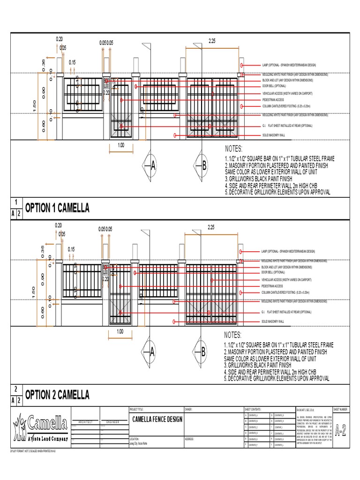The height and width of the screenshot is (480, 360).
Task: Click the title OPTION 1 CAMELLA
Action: [x=57, y=208]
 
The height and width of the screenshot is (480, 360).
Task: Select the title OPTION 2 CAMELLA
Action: [x=57, y=395]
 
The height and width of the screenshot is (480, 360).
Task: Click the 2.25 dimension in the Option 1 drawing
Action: [x=211, y=41]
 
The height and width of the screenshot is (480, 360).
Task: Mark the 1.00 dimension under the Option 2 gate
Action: [x=120, y=332]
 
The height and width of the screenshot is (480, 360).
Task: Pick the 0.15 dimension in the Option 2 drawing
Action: [x=72, y=248]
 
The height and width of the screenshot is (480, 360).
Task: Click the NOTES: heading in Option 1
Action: [x=233, y=149]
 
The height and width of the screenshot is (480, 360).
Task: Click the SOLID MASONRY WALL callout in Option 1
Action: [x=273, y=135]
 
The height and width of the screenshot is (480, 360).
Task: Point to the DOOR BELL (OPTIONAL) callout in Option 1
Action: [x=274, y=86]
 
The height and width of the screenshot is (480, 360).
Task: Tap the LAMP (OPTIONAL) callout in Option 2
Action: [x=288, y=251]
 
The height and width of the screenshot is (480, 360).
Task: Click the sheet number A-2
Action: [x=342, y=430]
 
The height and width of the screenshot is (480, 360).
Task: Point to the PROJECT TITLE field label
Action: [x=139, y=409]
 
